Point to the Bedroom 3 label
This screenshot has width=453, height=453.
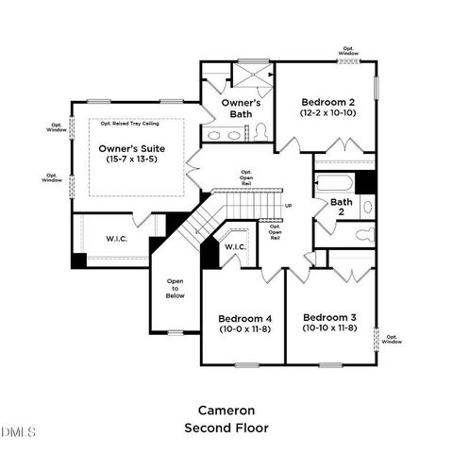coord(329,317)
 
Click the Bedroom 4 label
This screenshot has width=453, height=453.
coord(244,317)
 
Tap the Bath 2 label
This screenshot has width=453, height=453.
coord(342,208)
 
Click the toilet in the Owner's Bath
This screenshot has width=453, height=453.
coord(261,131)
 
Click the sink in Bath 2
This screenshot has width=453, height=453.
coord(367,207)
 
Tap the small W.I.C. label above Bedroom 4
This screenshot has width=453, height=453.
coord(234,247)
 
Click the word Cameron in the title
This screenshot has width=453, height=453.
coord(226,411)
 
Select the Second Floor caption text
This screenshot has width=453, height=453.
coord(226,428)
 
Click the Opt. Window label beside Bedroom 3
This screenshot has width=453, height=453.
coord(392,339)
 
